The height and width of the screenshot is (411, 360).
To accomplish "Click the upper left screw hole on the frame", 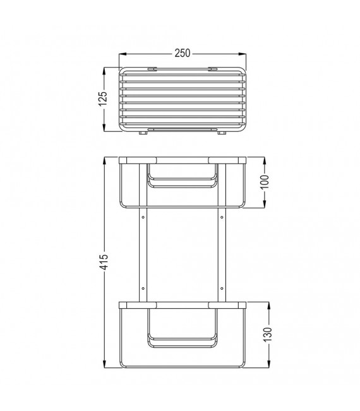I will pos(143,218).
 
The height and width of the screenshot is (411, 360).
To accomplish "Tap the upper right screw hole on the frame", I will pos(222,218).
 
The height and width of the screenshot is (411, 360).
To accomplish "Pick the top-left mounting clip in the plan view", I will pos(152,68).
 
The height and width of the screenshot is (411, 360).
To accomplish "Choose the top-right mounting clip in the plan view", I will pos(213,68).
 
